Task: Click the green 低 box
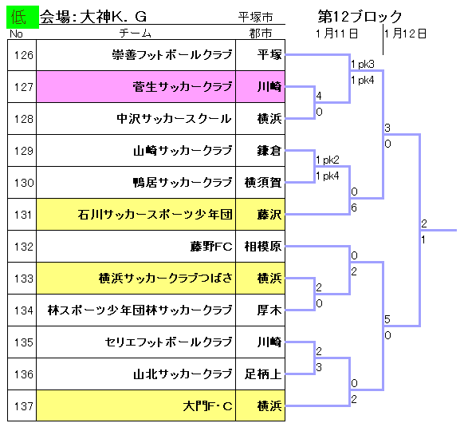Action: pos(22,18)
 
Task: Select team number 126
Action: pos(24,55)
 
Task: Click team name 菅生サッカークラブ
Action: pos(183,87)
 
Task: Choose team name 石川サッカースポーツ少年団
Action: pos(155,215)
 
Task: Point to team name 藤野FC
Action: pos(211,247)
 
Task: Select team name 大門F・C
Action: pos(207,406)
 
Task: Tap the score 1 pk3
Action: pos(363,64)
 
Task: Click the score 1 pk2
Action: pos(328,160)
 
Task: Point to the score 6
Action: pos(354,208)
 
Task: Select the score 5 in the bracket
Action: pos(387,319)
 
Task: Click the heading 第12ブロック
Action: pos(360,17)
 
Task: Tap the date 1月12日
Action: pos(406,34)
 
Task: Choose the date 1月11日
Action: pos(336,34)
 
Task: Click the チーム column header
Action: pos(136,34)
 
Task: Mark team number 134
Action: pos(24,310)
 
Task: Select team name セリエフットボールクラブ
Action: pos(169,342)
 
